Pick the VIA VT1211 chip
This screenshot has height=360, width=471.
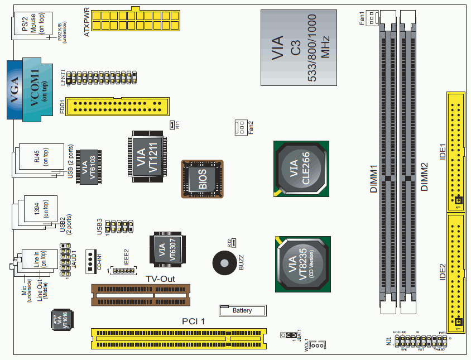[146, 156]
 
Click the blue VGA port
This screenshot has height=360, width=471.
[15, 89]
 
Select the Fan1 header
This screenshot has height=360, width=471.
[371, 18]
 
